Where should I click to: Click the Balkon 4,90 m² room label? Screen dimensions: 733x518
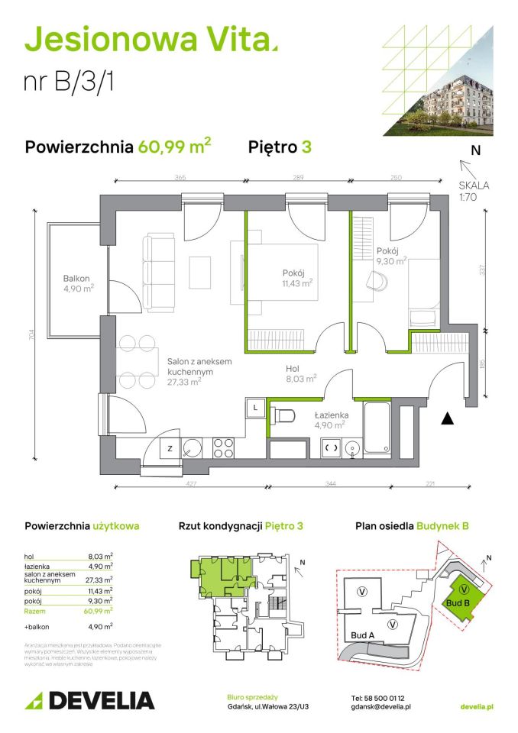79,283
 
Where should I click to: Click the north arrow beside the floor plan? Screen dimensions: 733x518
465,164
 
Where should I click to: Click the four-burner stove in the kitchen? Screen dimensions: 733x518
223,446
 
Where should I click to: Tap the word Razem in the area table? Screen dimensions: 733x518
35,610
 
